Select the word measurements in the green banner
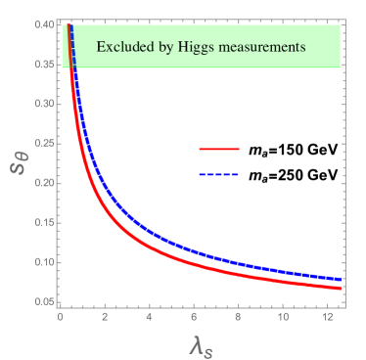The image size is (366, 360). [261, 47]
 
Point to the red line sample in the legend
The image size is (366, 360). [219, 149]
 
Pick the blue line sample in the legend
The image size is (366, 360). [219, 174]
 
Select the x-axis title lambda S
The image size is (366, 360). [199, 343]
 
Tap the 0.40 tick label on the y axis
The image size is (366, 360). [44, 24]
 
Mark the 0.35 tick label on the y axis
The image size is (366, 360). [44, 65]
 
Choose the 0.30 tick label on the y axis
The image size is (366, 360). [44, 104]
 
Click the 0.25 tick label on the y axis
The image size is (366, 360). [44, 144]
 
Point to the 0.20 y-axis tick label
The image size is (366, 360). [44, 183]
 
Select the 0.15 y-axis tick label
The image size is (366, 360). [44, 223]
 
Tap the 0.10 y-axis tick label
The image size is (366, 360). [44, 263]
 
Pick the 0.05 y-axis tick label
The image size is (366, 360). [44, 302]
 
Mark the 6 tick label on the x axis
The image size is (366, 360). [194, 316]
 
